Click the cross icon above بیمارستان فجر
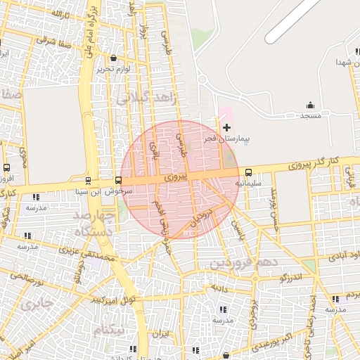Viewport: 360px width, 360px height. (x=226, y=127)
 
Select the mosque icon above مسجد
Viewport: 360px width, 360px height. (x=310, y=105)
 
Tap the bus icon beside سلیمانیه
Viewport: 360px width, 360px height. (x=248, y=172)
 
